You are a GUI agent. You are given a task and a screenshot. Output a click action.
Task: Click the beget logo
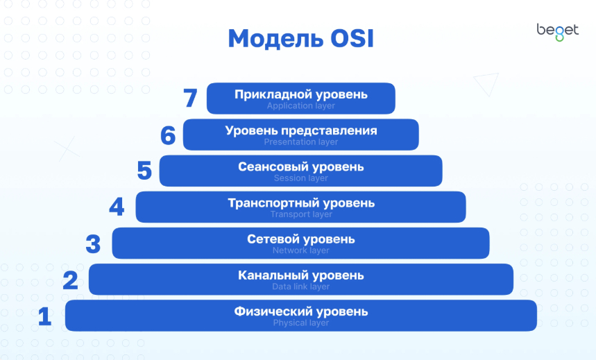tap(558, 32)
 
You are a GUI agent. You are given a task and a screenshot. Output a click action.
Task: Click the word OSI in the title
tap(352, 38)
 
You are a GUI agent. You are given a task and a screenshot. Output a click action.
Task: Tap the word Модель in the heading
tap(276, 39)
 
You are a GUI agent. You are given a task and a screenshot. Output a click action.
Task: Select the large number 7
tap(190, 98)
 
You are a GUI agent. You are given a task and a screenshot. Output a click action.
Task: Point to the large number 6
tap(168, 135)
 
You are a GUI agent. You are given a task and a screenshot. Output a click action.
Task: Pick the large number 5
tap(144, 171)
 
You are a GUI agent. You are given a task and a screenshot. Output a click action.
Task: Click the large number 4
tap(117, 207)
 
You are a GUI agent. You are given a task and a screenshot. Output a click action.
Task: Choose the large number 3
tap(93, 243)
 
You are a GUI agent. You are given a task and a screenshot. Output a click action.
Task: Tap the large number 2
tap(70, 280)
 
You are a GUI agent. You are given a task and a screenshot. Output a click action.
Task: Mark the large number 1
tap(45, 316)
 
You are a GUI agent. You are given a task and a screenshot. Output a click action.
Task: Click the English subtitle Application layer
tap(300, 106)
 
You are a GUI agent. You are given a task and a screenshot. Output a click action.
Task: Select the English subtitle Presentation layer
tap(300, 142)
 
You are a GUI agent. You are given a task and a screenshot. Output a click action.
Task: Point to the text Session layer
tap(300, 178)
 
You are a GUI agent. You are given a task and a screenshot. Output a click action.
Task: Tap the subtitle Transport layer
tap(301, 214)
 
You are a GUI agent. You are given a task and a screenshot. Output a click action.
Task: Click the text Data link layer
tap(300, 286)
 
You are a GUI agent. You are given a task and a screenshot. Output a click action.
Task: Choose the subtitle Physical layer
tap(300, 323)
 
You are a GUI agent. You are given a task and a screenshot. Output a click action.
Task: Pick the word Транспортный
tap(273, 203)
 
